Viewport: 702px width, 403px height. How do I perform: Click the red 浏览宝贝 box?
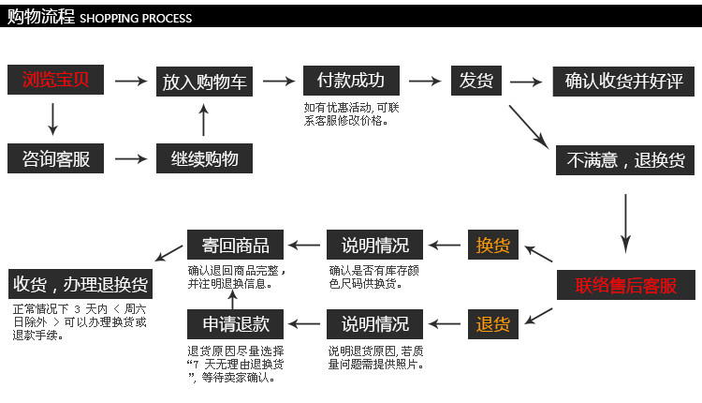[x=55, y=80]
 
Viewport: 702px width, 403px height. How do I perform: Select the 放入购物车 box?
[x=204, y=82]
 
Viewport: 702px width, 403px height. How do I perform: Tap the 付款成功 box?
[x=351, y=81]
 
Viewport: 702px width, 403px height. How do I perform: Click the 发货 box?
[x=475, y=81]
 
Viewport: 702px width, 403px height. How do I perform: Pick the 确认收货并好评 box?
[x=623, y=82]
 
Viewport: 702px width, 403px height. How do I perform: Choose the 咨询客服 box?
[x=55, y=158]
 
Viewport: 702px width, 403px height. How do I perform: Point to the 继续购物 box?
[x=204, y=158]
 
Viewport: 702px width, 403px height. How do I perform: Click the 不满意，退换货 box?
[x=625, y=160]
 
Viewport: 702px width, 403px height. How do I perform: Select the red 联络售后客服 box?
[x=626, y=285]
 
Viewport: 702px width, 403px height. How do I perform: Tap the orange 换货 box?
[x=493, y=245]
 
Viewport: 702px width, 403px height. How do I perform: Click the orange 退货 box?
[x=493, y=324]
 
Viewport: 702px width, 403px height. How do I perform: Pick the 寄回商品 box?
[x=235, y=245]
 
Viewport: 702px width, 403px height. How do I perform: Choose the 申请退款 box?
[x=235, y=324]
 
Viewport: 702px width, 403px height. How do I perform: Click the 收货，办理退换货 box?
[x=80, y=284]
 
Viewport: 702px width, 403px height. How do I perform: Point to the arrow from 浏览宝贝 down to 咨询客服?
[x=52, y=119]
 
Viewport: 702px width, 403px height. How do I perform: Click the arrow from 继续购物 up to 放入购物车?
[x=204, y=120]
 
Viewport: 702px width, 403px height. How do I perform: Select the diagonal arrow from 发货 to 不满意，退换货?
[x=529, y=127]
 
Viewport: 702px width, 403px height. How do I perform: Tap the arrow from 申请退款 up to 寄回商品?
[x=232, y=300]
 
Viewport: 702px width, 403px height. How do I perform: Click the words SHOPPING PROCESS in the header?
[x=136, y=19]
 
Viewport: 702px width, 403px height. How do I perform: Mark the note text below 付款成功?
[x=351, y=113]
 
